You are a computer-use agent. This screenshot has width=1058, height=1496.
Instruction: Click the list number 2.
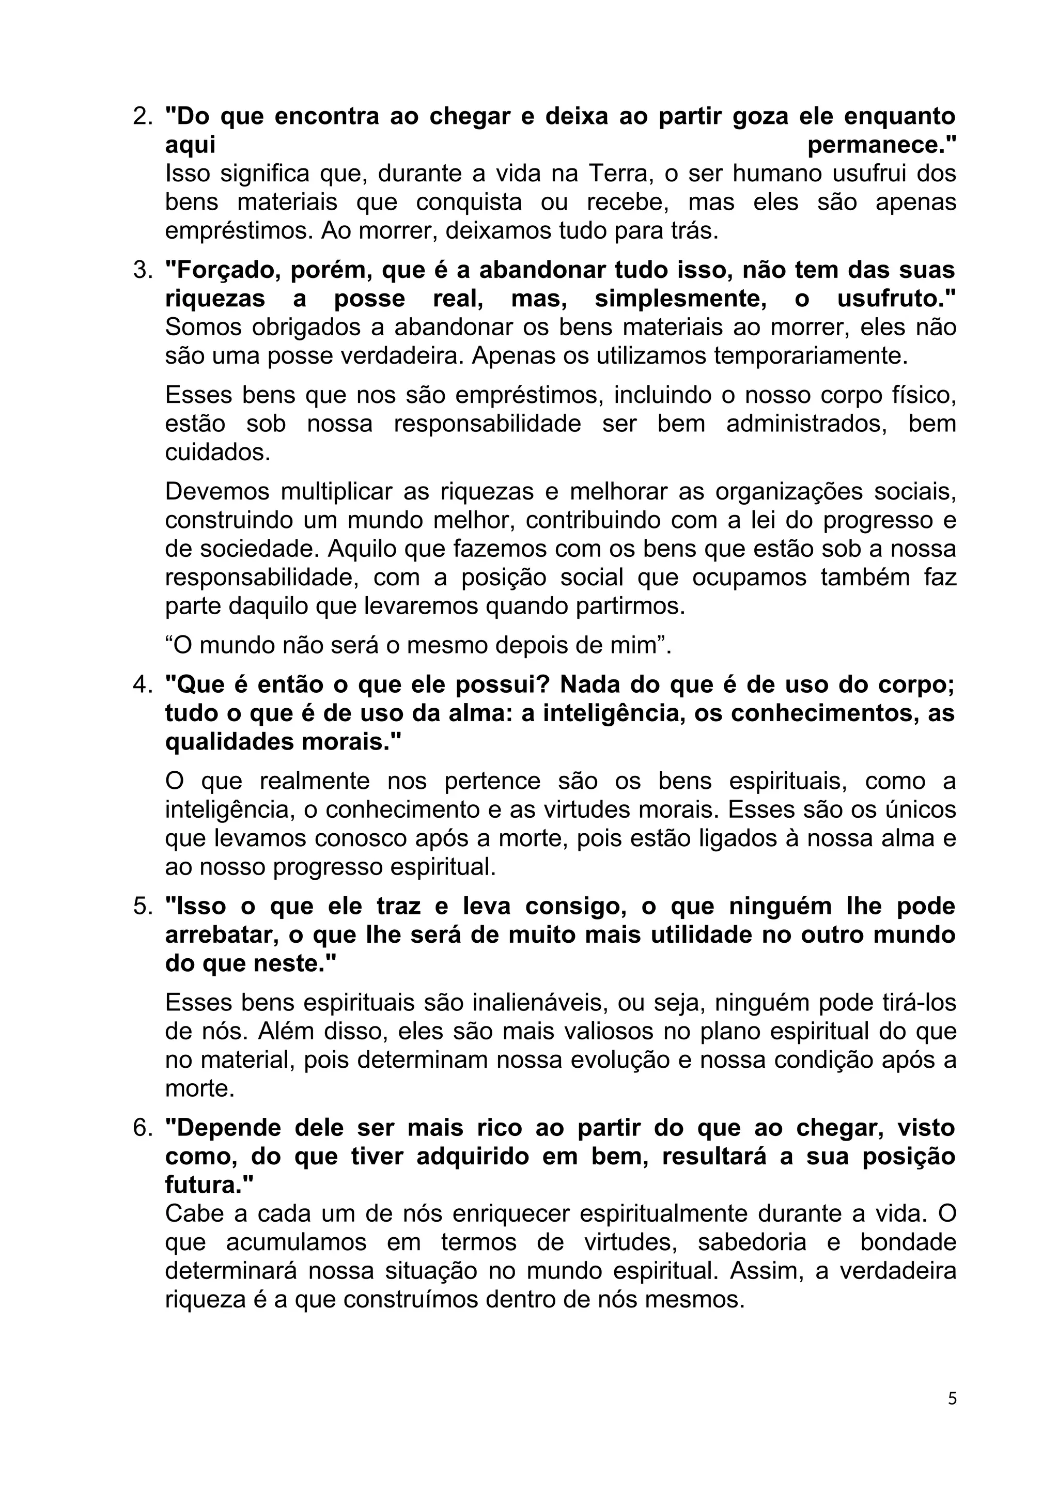point(142,117)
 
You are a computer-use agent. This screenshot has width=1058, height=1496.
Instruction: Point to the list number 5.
point(142,907)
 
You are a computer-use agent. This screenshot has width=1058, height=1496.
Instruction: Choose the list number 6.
point(142,1128)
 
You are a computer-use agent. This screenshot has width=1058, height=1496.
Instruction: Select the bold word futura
point(205,1185)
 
